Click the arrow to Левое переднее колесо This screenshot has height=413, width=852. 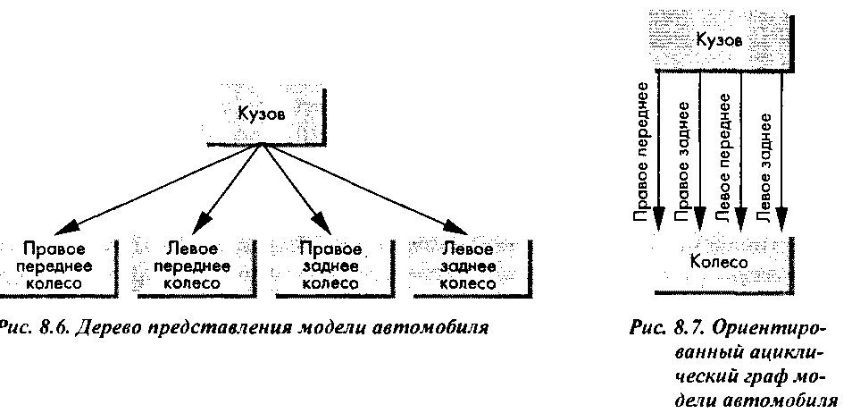pyautogui.click(x=229, y=189)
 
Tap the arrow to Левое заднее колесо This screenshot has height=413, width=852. pyautogui.click(x=365, y=189)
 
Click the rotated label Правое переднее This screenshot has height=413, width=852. pyautogui.click(x=643, y=152)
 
